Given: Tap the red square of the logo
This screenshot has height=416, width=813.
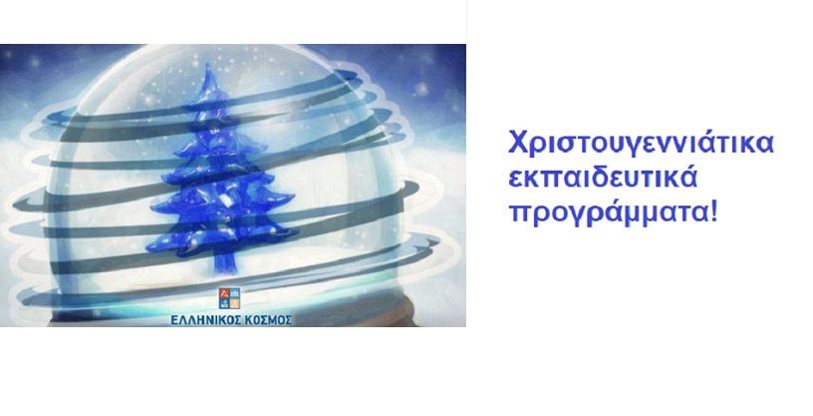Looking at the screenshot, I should click(x=224, y=292).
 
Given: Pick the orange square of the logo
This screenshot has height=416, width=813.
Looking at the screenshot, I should click(x=235, y=303).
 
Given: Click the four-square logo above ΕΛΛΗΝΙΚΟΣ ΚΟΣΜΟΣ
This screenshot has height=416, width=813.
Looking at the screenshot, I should click(x=229, y=298).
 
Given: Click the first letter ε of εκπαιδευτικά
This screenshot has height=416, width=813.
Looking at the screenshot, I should click(x=516, y=181).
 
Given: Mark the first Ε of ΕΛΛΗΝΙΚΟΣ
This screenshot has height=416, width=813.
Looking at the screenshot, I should click(x=174, y=319).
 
